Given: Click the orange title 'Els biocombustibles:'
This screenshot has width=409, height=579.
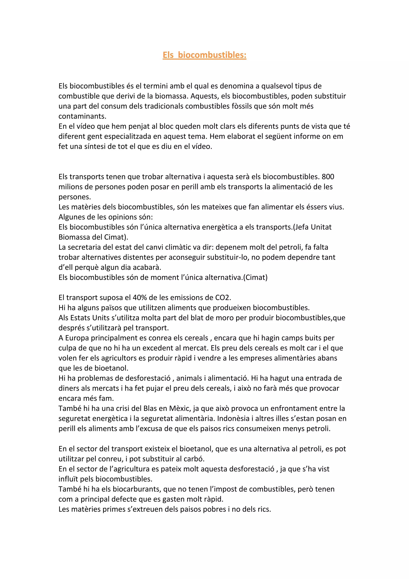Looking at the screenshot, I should point(204,55).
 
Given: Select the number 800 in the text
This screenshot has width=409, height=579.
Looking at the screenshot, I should point(328,177).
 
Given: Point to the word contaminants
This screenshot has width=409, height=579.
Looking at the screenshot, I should point(82,116).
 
